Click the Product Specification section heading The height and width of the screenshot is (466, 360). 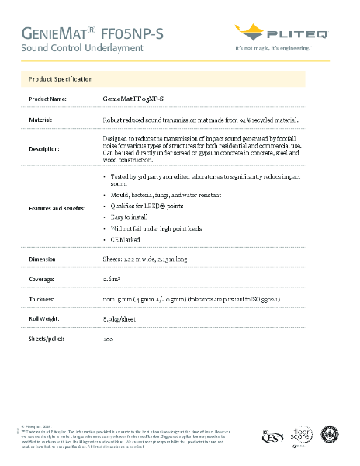(61, 79)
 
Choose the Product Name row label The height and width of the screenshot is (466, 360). (47, 99)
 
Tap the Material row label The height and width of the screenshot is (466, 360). (40, 120)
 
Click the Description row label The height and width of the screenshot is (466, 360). (43, 148)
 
